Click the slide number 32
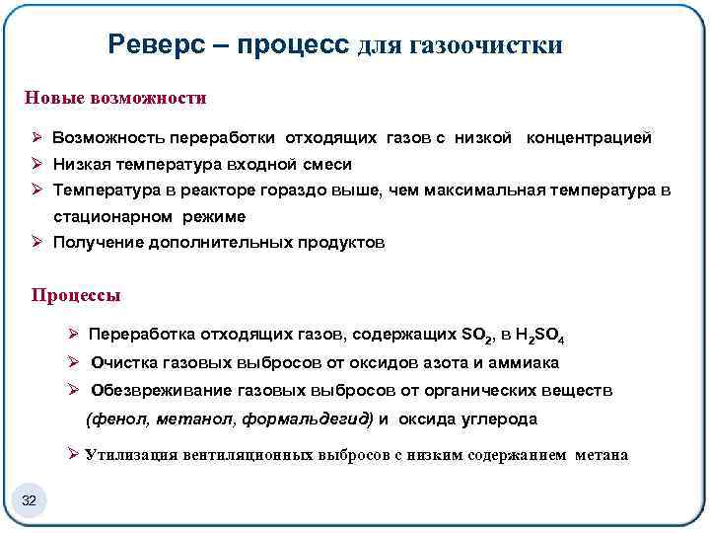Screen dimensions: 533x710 [x=29, y=501]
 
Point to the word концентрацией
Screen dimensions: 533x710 [x=589, y=138]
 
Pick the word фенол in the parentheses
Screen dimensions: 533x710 [x=118, y=419]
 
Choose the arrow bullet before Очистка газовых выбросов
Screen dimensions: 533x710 [x=73, y=363]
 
